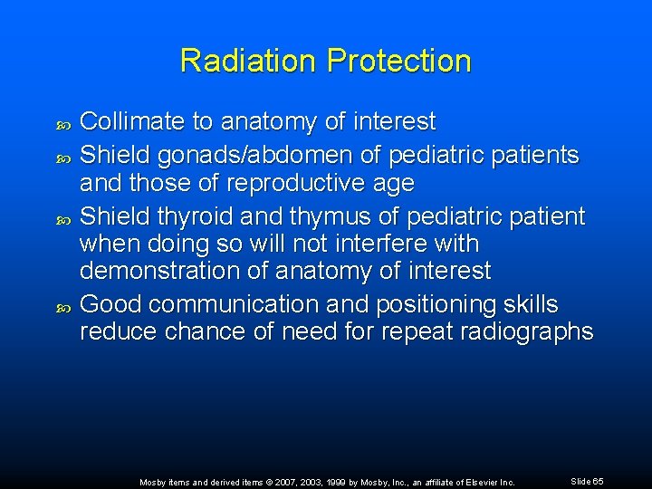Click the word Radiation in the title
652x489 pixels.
[249, 61]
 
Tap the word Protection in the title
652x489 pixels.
[399, 61]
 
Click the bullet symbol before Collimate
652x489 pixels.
[62, 122]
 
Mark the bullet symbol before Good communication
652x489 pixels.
[62, 306]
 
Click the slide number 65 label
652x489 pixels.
[588, 481]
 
